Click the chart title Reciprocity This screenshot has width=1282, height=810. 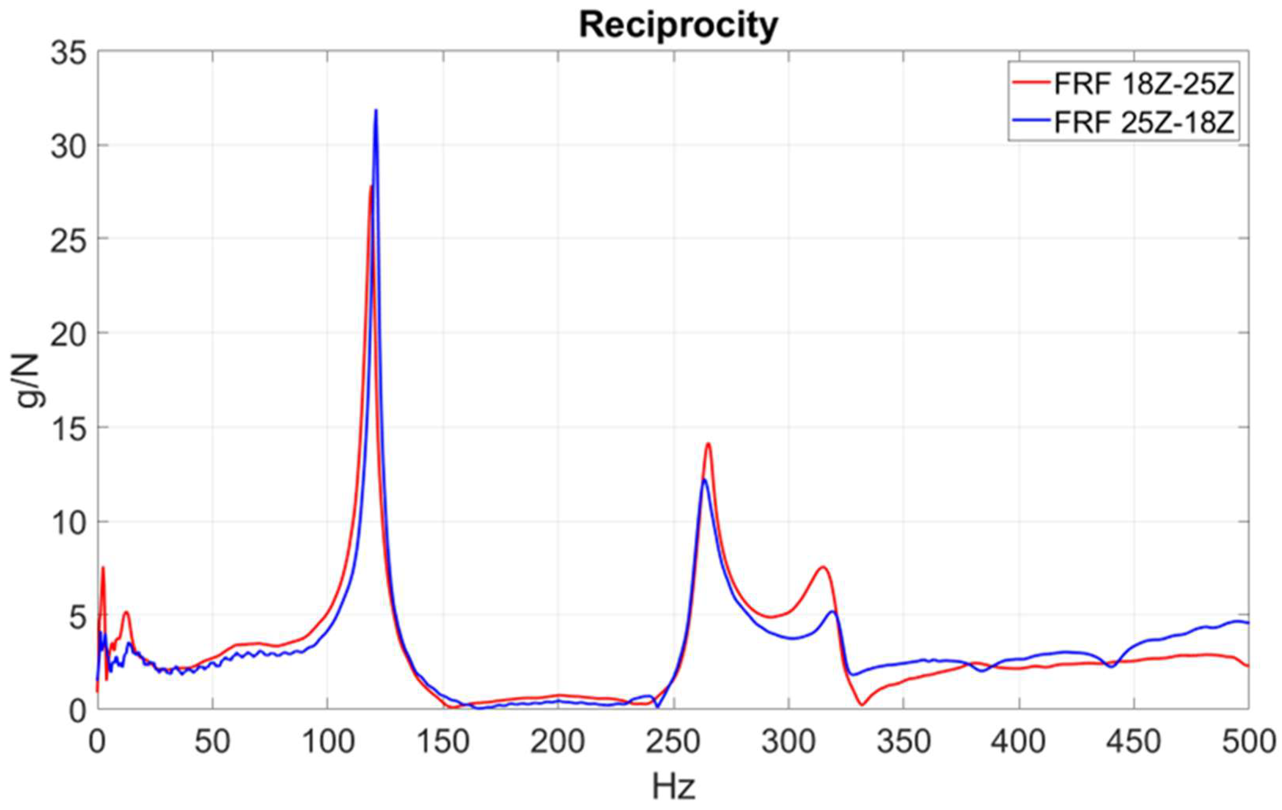pyautogui.click(x=678, y=25)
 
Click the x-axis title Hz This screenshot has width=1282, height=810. pyautogui.click(x=674, y=786)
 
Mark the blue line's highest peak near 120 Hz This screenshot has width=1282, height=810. pyautogui.click(x=376, y=111)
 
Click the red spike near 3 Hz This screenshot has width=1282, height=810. pyautogui.click(x=103, y=568)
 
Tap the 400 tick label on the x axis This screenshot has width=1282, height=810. pyautogui.click(x=1019, y=742)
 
